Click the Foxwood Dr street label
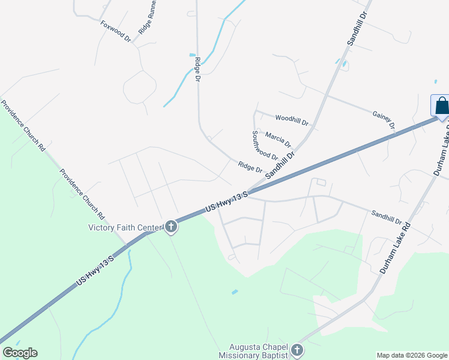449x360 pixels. coord(116,31)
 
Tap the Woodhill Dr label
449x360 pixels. coord(292,121)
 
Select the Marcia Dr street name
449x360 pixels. coord(278,140)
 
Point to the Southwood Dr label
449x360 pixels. coord(265,146)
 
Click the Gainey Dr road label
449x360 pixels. coord(384,119)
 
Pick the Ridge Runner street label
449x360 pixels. coord(148,17)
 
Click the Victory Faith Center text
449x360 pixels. coord(125,227)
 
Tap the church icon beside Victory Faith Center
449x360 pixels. coord(171,227)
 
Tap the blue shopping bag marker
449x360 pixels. coord(441,106)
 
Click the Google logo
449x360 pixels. coord(20,353)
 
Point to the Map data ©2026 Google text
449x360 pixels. coord(412,355)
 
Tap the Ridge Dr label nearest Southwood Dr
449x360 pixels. coord(250,167)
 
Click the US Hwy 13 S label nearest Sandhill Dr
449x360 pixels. coord(226,201)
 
